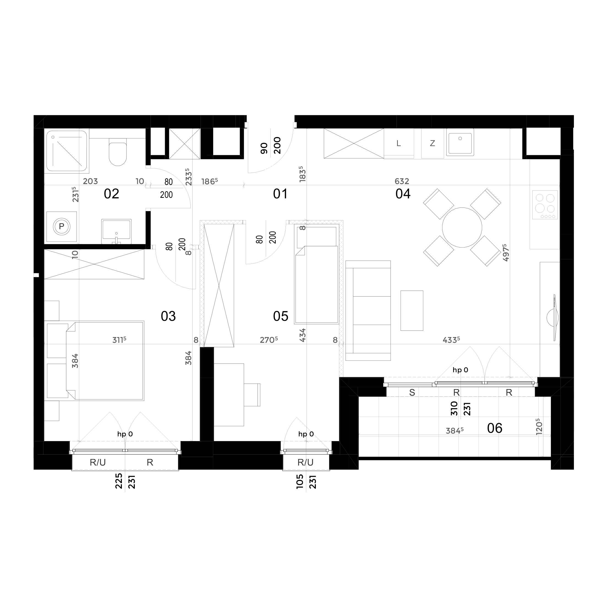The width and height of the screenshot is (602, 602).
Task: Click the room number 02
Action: tap(111, 194)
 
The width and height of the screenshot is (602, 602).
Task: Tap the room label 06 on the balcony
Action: tap(494, 428)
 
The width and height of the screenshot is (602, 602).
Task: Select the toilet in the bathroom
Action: tap(118, 154)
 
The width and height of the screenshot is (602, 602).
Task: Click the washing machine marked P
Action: tap(61, 226)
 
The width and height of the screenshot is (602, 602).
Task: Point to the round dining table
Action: tap(462, 228)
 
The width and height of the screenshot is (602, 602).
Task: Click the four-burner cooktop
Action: tap(545, 205)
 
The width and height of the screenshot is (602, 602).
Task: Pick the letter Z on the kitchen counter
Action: tap(433, 143)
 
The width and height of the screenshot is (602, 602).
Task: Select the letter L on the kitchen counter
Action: tap(398, 143)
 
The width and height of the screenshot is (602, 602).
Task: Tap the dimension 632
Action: tap(402, 181)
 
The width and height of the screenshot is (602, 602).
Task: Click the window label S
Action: tap(412, 393)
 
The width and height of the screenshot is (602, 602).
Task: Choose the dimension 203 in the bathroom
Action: tap(90, 181)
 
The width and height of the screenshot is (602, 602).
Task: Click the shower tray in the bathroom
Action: tap(67, 151)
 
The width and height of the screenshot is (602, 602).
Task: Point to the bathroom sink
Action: tap(116, 231)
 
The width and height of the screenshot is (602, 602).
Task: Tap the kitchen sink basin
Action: tap(460, 142)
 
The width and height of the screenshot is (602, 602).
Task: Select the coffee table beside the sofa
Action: tap(412, 310)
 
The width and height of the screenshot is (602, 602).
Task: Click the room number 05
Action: tap(280, 316)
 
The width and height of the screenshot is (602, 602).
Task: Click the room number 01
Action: tap(280, 194)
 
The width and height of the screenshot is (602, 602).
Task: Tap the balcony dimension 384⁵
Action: tap(455, 431)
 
